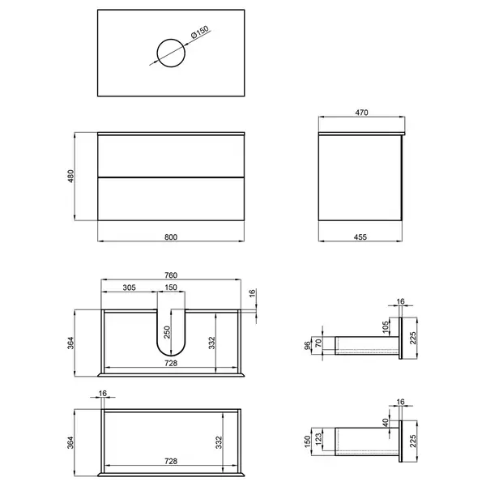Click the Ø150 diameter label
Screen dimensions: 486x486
(x=200, y=32)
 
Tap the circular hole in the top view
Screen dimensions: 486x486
(x=157, y=53)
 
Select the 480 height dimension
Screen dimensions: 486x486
(x=71, y=176)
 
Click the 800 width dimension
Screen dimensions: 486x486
(x=171, y=237)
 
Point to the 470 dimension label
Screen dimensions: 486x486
(x=361, y=113)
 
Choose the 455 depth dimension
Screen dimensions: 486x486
(x=360, y=237)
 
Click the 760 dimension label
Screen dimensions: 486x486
(x=171, y=275)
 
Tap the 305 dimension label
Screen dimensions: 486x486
(x=130, y=288)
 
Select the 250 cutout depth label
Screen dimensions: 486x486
(x=167, y=332)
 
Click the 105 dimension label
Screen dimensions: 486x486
(x=386, y=327)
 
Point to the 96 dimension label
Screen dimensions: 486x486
(x=307, y=345)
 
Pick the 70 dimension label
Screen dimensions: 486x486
(x=318, y=343)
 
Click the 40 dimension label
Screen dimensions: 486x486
(x=386, y=423)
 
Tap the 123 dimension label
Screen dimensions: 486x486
(x=318, y=440)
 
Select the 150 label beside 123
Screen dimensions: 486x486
(x=307, y=441)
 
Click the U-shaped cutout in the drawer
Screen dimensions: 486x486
(x=171, y=356)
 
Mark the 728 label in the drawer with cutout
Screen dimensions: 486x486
(x=171, y=363)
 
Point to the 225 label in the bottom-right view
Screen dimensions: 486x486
(x=413, y=441)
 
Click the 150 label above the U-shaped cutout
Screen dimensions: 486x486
(x=171, y=288)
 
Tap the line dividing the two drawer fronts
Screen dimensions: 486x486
(x=171, y=177)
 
